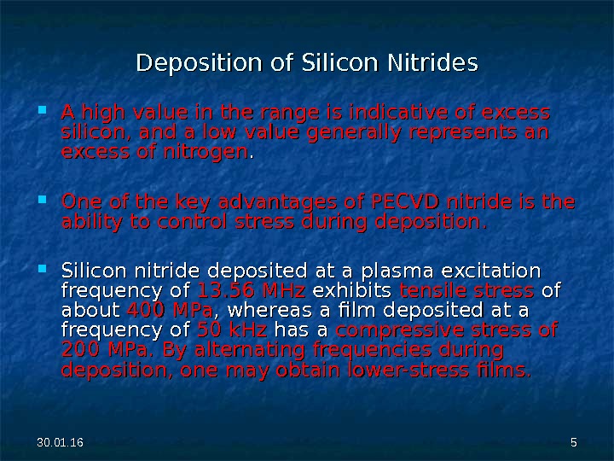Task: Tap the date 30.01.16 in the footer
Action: point(54,441)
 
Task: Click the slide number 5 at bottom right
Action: point(574,441)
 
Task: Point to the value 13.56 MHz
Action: point(252,289)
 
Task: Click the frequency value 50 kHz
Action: point(232,330)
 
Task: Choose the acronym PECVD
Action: point(403,203)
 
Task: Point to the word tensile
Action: point(430,289)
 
